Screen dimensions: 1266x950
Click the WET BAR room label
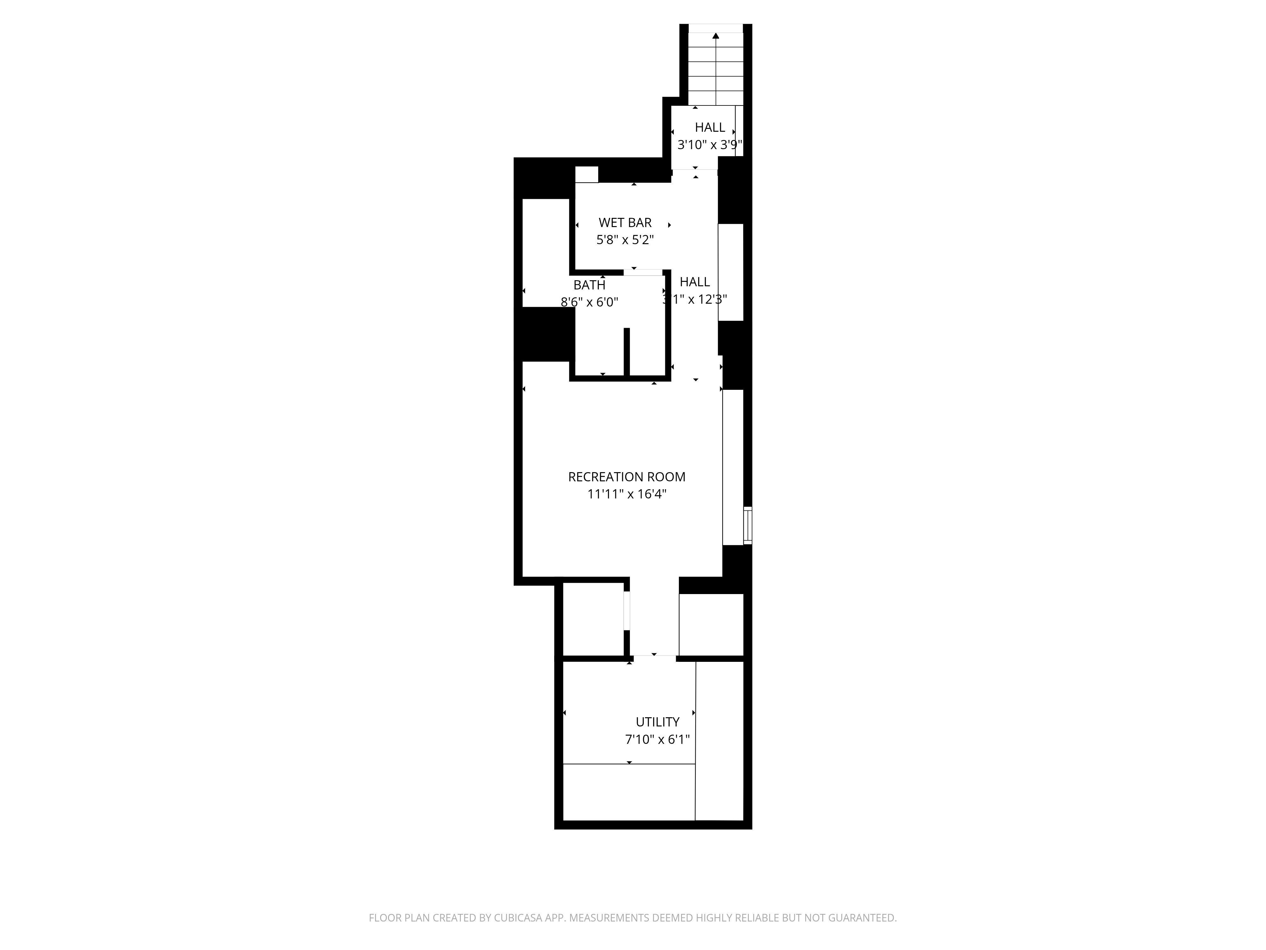coord(625,223)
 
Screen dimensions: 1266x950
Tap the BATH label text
coord(590,285)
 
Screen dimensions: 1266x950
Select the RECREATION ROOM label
coord(627,477)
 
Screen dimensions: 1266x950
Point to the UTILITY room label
coord(658,722)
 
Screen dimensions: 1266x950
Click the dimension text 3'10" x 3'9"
coord(710,145)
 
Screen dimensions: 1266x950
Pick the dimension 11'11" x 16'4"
coord(627,494)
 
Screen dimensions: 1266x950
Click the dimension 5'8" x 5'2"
coord(625,240)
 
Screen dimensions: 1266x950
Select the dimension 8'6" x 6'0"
coord(590,302)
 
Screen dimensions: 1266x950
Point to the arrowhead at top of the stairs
coord(715,35)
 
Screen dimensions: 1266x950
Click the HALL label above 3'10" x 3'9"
coord(710,128)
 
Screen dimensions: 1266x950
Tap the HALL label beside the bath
coord(695,282)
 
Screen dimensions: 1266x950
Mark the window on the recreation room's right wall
coord(748,525)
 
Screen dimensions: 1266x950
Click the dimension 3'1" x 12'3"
coord(695,299)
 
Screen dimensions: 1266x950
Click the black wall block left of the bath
coord(548,334)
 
